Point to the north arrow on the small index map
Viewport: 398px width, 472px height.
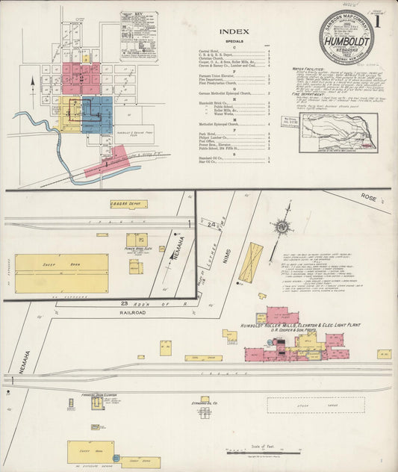[x=32, y=79]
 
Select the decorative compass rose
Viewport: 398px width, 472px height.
[x=282, y=226]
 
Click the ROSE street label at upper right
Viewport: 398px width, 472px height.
[x=367, y=196]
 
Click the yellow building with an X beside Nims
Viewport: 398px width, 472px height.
[x=251, y=262]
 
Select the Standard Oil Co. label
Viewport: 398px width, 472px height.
[x=203, y=403]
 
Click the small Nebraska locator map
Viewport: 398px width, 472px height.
[x=338, y=133]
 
